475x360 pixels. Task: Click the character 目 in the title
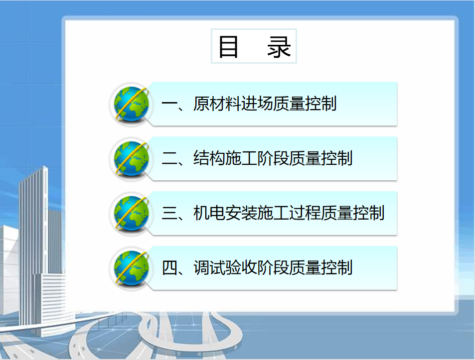tap(228, 46)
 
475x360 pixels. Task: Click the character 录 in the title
tap(279, 46)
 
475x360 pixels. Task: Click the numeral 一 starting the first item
tap(169, 105)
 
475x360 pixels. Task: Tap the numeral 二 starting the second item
tap(169, 158)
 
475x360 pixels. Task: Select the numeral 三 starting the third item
tap(169, 213)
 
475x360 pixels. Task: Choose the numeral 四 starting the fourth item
tap(169, 268)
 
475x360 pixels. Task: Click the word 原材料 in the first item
tap(217, 104)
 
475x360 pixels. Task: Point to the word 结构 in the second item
tap(209, 158)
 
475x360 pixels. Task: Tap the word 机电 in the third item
tap(209, 213)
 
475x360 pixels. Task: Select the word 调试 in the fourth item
tap(209, 267)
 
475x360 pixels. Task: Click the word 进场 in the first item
tap(257, 104)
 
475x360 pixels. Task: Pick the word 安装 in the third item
tap(241, 213)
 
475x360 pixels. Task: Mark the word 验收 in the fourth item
tap(241, 267)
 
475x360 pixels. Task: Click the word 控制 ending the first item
tap(320, 104)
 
